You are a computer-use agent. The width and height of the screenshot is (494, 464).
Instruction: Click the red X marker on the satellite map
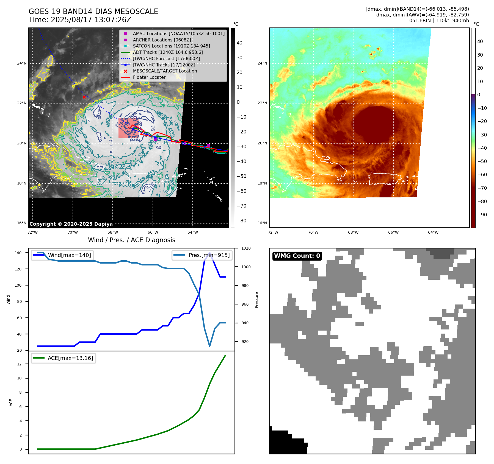[84, 97]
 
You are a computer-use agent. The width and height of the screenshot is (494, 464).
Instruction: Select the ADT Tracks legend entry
[168, 52]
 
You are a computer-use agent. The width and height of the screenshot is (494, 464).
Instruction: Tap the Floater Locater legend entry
[149, 77]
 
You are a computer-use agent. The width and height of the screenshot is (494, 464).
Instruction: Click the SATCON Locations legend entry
[171, 46]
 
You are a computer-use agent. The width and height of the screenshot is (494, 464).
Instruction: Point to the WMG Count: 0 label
[297, 256]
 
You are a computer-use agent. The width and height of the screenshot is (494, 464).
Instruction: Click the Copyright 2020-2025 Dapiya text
[71, 224]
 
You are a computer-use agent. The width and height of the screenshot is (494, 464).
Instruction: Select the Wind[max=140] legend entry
[69, 255]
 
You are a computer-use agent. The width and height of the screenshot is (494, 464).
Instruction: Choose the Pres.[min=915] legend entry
[209, 255]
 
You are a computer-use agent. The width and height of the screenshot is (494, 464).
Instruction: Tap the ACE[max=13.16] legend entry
[70, 358]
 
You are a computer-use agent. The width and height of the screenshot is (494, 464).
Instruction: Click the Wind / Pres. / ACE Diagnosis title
[131, 240]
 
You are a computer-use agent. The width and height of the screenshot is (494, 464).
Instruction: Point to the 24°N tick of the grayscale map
[22, 63]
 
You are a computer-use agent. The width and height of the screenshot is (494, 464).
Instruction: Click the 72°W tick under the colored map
[273, 232]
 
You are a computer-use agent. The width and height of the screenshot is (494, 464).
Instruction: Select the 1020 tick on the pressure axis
[246, 248]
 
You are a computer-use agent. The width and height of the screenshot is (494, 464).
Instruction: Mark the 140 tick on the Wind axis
[18, 253]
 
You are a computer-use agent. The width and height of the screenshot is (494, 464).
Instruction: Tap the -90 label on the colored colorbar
[482, 215]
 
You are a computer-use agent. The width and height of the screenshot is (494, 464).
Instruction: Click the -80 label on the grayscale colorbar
[242, 221]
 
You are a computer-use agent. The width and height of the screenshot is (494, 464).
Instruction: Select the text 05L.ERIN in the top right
[420, 21]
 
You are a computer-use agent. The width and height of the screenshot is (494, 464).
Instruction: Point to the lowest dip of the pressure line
[210, 346]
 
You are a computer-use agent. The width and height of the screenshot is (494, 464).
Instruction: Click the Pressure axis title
[256, 300]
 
